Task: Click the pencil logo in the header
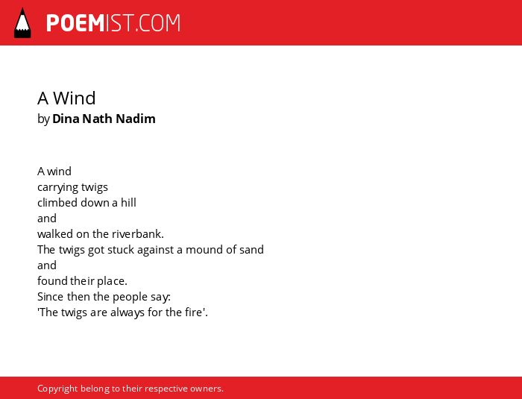22,23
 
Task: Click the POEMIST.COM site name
113,23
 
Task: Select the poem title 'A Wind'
66,98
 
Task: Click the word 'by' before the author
43,119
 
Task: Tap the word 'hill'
128,203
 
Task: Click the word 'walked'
55,233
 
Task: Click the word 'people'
128,297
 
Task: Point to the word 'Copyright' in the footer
57,389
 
